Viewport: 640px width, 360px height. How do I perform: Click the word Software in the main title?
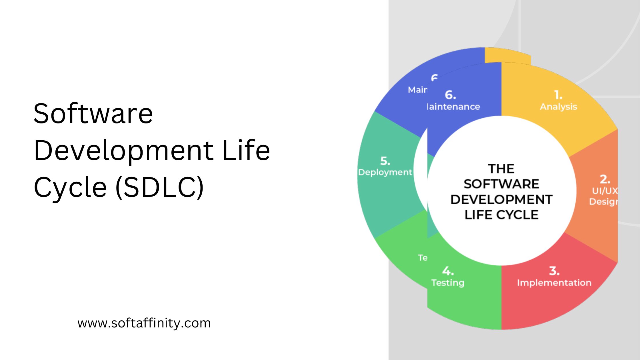(93, 114)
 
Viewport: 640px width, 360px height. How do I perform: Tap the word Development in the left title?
(123, 151)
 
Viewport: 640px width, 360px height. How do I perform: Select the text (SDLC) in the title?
(160, 187)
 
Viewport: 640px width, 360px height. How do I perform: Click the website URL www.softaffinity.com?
(144, 323)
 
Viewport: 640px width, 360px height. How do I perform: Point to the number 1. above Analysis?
(558, 95)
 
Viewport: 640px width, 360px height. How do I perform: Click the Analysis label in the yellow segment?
(558, 107)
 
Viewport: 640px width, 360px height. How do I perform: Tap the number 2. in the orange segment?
(605, 179)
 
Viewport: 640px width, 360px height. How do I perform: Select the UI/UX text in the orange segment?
(605, 191)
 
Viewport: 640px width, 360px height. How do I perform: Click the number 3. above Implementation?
(554, 271)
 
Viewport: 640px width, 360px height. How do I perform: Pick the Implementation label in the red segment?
(554, 283)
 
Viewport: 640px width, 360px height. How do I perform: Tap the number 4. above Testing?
(448, 271)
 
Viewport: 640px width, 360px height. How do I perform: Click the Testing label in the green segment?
(448, 283)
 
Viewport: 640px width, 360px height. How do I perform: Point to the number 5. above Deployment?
(385, 161)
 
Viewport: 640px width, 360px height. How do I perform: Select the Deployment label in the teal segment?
(385, 172)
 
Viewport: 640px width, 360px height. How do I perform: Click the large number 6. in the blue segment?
(450, 95)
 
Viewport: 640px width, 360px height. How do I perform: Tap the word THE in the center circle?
(501, 169)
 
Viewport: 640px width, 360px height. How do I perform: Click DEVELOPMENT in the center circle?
(501, 199)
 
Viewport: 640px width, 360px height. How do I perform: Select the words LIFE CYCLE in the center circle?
(501, 215)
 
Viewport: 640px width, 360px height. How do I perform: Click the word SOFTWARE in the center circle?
(501, 184)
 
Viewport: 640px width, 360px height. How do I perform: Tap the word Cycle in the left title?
(70, 187)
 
